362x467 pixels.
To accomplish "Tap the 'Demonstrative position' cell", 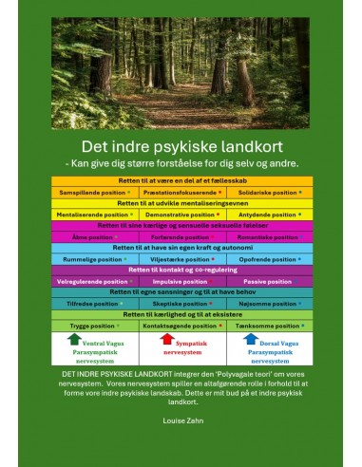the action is tap(181, 215).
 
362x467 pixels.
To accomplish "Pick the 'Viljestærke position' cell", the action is tap(181, 259).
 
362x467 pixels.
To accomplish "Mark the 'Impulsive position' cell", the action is tap(181, 281).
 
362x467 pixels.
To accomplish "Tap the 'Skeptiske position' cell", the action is tap(181, 304).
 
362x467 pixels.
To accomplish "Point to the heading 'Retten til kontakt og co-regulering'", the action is tap(181, 270).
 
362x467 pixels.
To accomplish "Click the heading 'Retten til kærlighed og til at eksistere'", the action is tap(181, 314).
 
